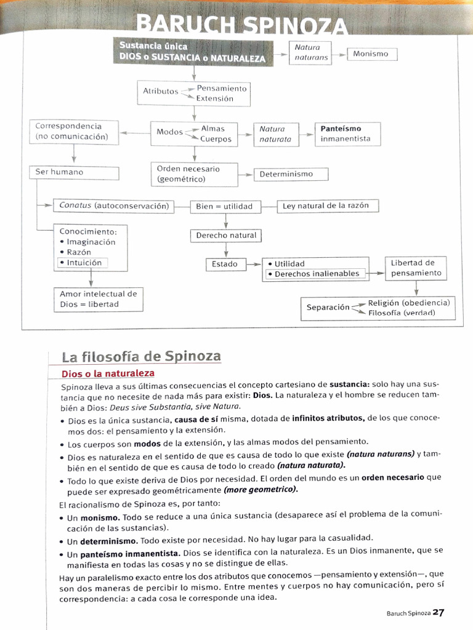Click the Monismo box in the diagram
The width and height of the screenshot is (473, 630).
click(x=371, y=54)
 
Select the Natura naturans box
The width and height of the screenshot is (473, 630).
click(x=311, y=52)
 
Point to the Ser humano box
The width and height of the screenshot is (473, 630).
click(x=73, y=172)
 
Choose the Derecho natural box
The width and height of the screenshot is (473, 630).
click(x=226, y=236)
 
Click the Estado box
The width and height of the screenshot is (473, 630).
click(x=225, y=264)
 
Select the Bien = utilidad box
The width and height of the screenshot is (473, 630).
click(x=224, y=206)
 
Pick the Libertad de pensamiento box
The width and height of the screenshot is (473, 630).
click(x=416, y=268)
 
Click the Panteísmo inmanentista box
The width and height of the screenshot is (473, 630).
click(x=347, y=134)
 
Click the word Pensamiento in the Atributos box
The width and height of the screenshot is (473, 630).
click(x=222, y=89)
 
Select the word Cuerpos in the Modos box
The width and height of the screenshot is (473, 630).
click(x=216, y=139)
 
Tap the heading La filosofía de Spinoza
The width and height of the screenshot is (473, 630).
click(x=141, y=356)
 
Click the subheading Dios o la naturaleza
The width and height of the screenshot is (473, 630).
click(x=108, y=373)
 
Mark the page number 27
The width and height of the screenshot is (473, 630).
click(x=438, y=612)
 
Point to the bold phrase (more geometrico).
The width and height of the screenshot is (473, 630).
click(x=261, y=490)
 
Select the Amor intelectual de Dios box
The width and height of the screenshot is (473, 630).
click(x=99, y=299)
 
